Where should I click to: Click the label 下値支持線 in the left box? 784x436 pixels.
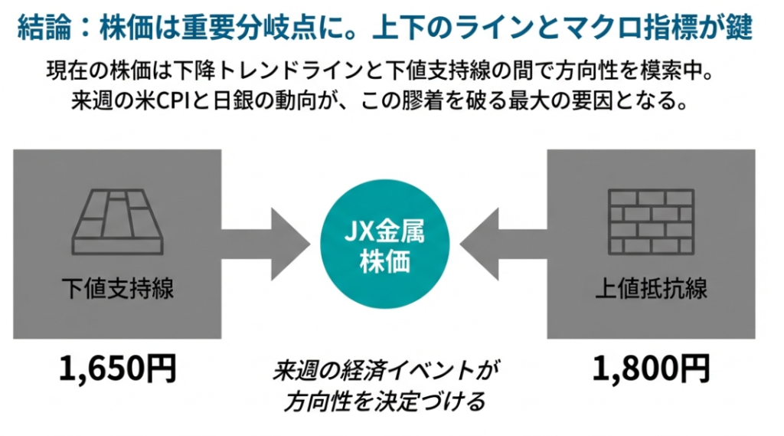(119, 289)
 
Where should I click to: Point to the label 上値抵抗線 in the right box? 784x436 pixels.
(651, 289)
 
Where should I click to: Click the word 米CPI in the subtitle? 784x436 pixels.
(165, 100)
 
